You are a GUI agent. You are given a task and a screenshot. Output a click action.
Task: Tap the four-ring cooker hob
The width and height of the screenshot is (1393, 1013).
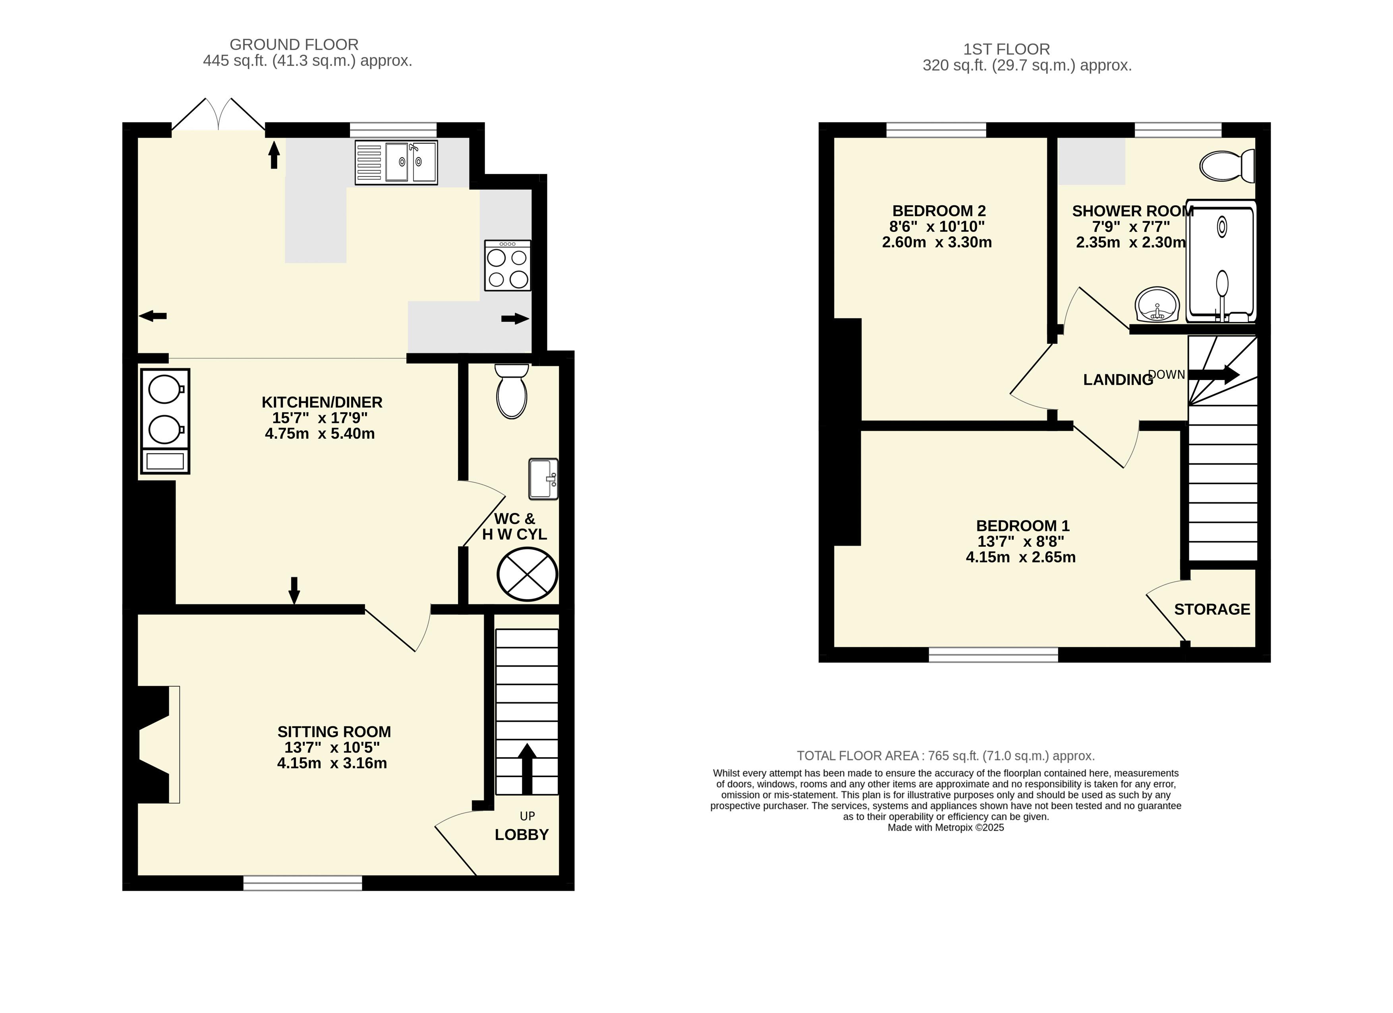(507, 265)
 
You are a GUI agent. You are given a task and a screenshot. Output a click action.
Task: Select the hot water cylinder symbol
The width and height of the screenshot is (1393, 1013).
(527, 575)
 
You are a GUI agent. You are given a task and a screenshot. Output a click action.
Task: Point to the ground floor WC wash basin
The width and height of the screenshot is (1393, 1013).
(543, 479)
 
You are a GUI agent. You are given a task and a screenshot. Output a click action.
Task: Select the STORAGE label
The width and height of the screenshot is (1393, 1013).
(1212, 609)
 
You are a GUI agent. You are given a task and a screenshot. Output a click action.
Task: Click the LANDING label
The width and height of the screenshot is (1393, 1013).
(1118, 380)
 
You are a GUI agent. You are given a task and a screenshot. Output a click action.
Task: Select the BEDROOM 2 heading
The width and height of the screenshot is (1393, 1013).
(939, 211)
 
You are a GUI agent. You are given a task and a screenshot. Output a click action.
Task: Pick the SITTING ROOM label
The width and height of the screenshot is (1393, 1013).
(334, 732)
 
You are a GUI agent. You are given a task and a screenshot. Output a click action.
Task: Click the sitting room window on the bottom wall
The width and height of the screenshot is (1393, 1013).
(303, 883)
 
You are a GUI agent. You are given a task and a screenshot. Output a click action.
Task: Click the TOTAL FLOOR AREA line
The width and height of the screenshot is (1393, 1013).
(946, 756)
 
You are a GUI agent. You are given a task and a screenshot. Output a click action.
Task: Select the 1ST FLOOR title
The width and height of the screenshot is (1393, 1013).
(1007, 49)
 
